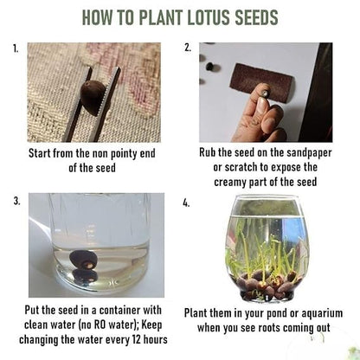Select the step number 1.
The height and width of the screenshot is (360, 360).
coord(16,48)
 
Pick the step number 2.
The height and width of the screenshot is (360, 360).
coord(188,48)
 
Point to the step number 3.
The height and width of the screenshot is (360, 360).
coord(16,201)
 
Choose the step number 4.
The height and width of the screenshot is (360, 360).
coord(188,203)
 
